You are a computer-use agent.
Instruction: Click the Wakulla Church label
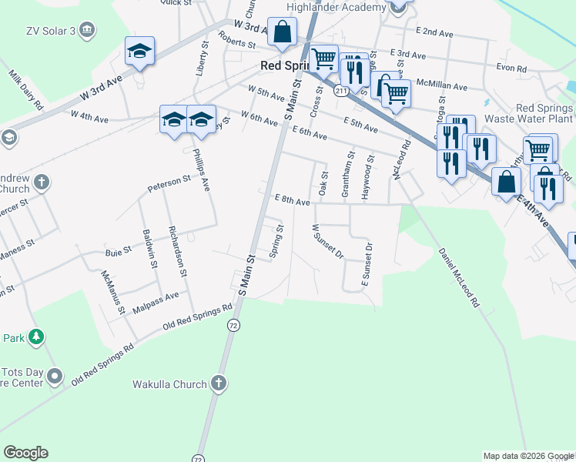169,384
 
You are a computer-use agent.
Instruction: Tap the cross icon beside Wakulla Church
219,383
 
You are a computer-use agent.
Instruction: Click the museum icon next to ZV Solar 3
87,30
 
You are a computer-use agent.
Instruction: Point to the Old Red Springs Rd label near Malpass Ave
198,316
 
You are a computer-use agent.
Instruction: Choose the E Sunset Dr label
367,266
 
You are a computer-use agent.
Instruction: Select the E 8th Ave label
292,199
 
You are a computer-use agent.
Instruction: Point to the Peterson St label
169,184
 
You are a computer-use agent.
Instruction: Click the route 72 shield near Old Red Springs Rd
232,326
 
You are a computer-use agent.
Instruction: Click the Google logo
25,453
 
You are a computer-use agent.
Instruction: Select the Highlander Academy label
336,8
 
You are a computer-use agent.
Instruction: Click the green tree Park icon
35,336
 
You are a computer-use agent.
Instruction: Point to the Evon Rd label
511,69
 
